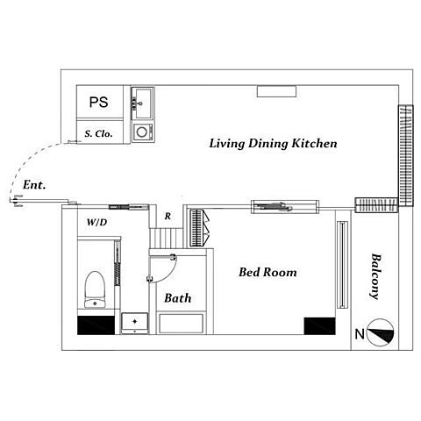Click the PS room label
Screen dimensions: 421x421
coord(98,102)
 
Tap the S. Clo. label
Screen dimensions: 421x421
coord(98,134)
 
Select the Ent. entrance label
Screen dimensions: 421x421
coord(34,185)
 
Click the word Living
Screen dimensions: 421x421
coord(227,144)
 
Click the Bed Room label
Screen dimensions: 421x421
coord(268,272)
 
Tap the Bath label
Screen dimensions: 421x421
coord(178,298)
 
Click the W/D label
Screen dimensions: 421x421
coord(96,222)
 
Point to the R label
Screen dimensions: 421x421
coord(168,216)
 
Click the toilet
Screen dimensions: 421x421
coord(95,289)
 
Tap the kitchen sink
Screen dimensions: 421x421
coord(142,103)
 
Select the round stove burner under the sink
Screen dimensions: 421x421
coord(142,132)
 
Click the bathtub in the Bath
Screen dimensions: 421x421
coord(182,324)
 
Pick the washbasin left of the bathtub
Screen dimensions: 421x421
coord(135,323)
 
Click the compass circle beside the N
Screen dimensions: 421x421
coord(380,332)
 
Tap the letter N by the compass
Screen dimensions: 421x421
coord(360,334)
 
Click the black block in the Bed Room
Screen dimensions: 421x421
coord(319,325)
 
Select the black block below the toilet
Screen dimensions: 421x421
coord(96,325)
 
